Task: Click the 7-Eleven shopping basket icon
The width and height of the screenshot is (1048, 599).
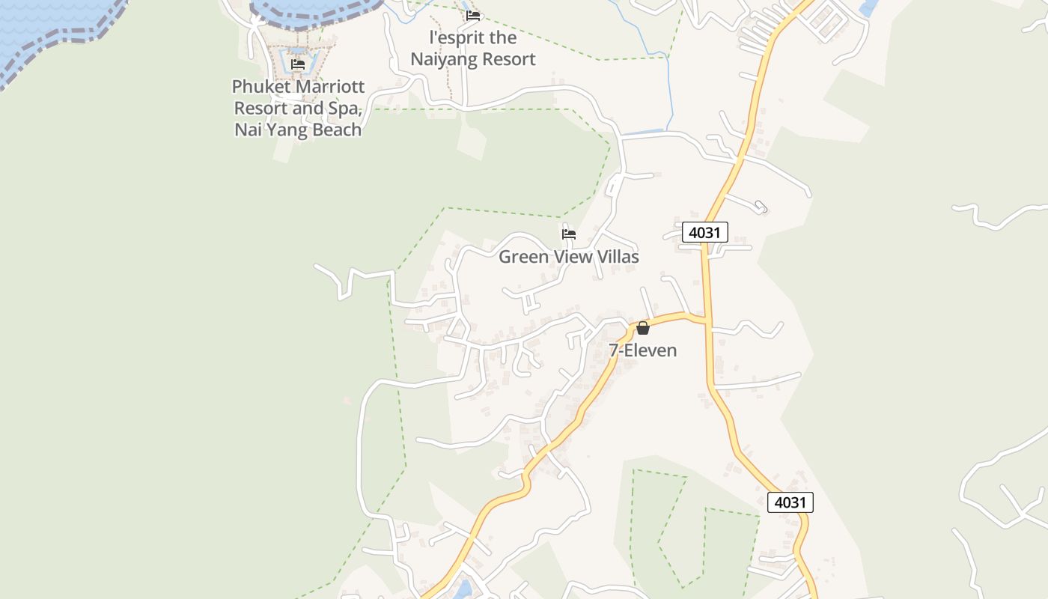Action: click(642, 328)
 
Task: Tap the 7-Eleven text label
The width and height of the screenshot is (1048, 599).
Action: click(642, 350)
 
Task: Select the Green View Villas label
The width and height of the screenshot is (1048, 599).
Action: click(569, 257)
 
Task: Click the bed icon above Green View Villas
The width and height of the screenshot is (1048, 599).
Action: click(569, 234)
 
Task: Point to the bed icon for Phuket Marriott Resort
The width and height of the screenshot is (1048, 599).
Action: click(298, 64)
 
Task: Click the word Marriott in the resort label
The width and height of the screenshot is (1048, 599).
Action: click(326, 87)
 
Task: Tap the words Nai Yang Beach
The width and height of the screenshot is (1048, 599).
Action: click(298, 130)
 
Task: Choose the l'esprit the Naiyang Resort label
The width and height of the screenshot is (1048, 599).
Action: click(473, 49)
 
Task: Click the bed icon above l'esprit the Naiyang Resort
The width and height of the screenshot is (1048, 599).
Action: click(473, 15)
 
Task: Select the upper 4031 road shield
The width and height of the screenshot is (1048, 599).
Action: click(704, 232)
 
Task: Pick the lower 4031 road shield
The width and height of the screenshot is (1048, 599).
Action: click(790, 502)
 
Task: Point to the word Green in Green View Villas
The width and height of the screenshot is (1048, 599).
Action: click(522, 257)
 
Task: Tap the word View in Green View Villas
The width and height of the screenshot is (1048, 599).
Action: click(569, 257)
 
